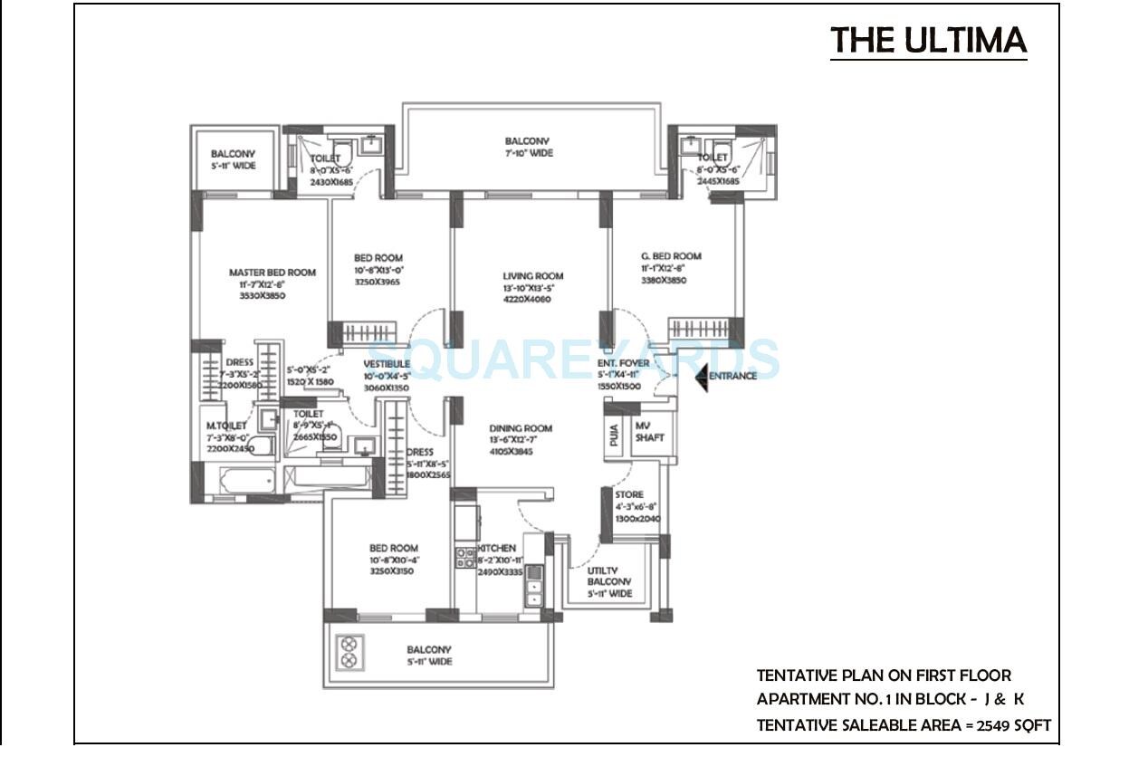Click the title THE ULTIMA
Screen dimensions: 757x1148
[928, 41]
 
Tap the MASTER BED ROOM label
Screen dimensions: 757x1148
[272, 273]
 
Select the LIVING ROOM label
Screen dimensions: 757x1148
[533, 276]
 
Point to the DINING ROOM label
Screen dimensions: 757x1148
[521, 428]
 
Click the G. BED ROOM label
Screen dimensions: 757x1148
[671, 256]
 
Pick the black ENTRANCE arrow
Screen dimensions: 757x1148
[701, 376]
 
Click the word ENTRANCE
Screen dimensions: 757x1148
[732, 377]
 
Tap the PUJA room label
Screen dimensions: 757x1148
[615, 436]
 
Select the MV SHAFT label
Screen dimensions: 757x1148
[649, 432]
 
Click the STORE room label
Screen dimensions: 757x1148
[629, 495]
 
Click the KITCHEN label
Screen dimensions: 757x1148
[496, 548]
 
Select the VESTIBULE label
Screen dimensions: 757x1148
[387, 364]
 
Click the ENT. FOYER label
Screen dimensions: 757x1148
[623, 363]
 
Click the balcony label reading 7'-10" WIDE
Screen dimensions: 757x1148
[528, 153]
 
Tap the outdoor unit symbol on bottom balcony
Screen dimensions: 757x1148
[349, 648]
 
